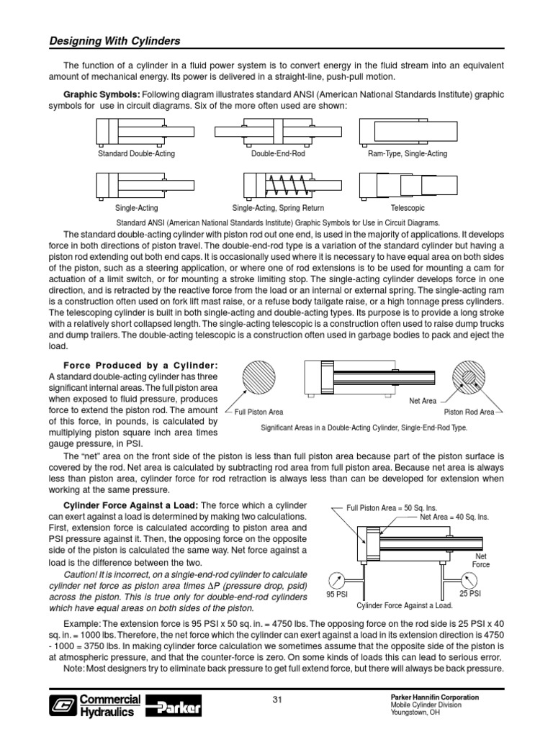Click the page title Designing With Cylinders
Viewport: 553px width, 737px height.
point(114,41)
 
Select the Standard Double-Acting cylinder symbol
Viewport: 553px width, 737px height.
point(137,132)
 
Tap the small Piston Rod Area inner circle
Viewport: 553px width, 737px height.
point(469,377)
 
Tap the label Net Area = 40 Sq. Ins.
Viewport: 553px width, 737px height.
point(454,517)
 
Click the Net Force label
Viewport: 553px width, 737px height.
point(481,561)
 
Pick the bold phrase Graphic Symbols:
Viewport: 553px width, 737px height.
point(102,94)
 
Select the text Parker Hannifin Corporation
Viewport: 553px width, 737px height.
point(433,698)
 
